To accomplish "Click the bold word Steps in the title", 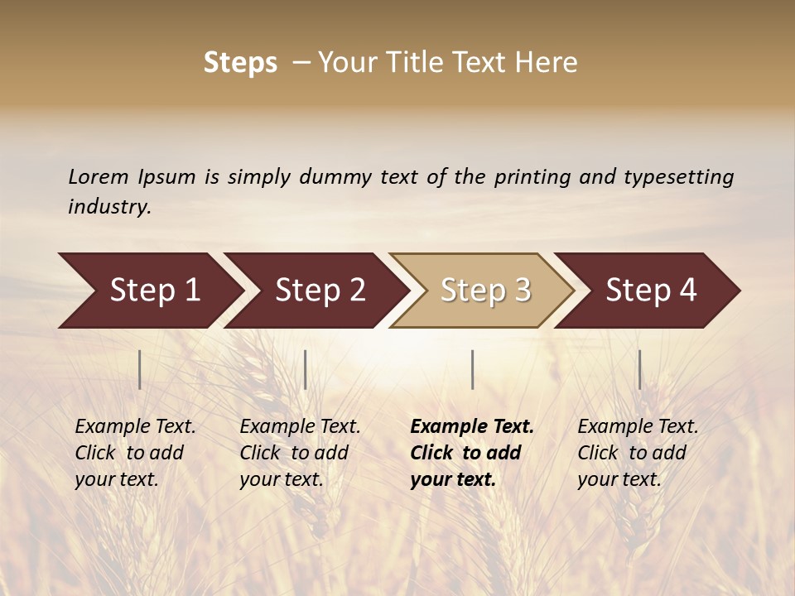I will click(240, 63).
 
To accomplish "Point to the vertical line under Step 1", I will click(140, 369).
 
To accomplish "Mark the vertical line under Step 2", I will click(306, 369).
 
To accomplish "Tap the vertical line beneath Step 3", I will click(472, 369).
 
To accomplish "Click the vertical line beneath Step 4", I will click(639, 369).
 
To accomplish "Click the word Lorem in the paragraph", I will click(99, 176).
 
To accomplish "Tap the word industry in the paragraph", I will click(108, 207).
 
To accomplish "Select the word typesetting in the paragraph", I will click(678, 177).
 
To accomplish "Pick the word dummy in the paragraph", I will click(336, 177).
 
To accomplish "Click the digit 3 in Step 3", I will click(522, 291).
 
